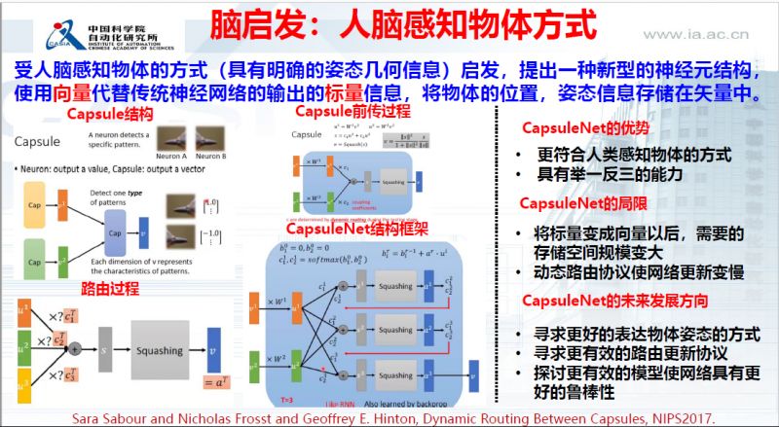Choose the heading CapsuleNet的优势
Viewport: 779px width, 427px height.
coord(583,127)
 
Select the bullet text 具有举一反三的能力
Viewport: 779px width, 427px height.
coord(598,175)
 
